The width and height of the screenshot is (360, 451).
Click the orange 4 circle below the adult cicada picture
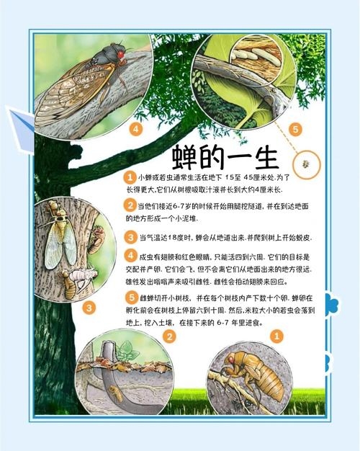pos(135,130)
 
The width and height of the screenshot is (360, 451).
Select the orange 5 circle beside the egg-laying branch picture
pos(294,130)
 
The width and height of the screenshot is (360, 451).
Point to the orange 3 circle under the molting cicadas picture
pos(88,308)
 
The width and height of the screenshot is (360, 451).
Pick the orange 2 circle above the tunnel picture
pos(169,336)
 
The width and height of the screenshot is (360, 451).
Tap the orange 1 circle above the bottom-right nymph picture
pos(279,336)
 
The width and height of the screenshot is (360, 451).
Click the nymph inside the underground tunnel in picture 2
pos(115,392)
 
